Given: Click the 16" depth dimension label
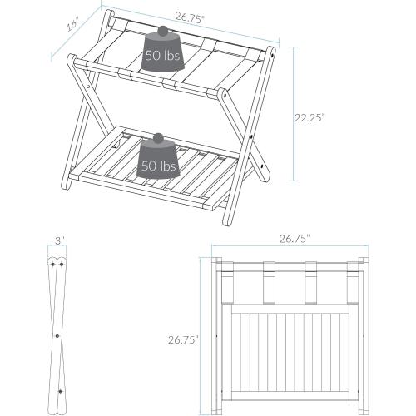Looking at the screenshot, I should click(72, 25).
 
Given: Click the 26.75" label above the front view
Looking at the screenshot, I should click(294, 238).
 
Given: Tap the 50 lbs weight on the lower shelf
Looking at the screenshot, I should click(159, 163).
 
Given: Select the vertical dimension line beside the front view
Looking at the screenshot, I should click(202, 333).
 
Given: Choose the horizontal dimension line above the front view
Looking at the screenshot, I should click(295, 247).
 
